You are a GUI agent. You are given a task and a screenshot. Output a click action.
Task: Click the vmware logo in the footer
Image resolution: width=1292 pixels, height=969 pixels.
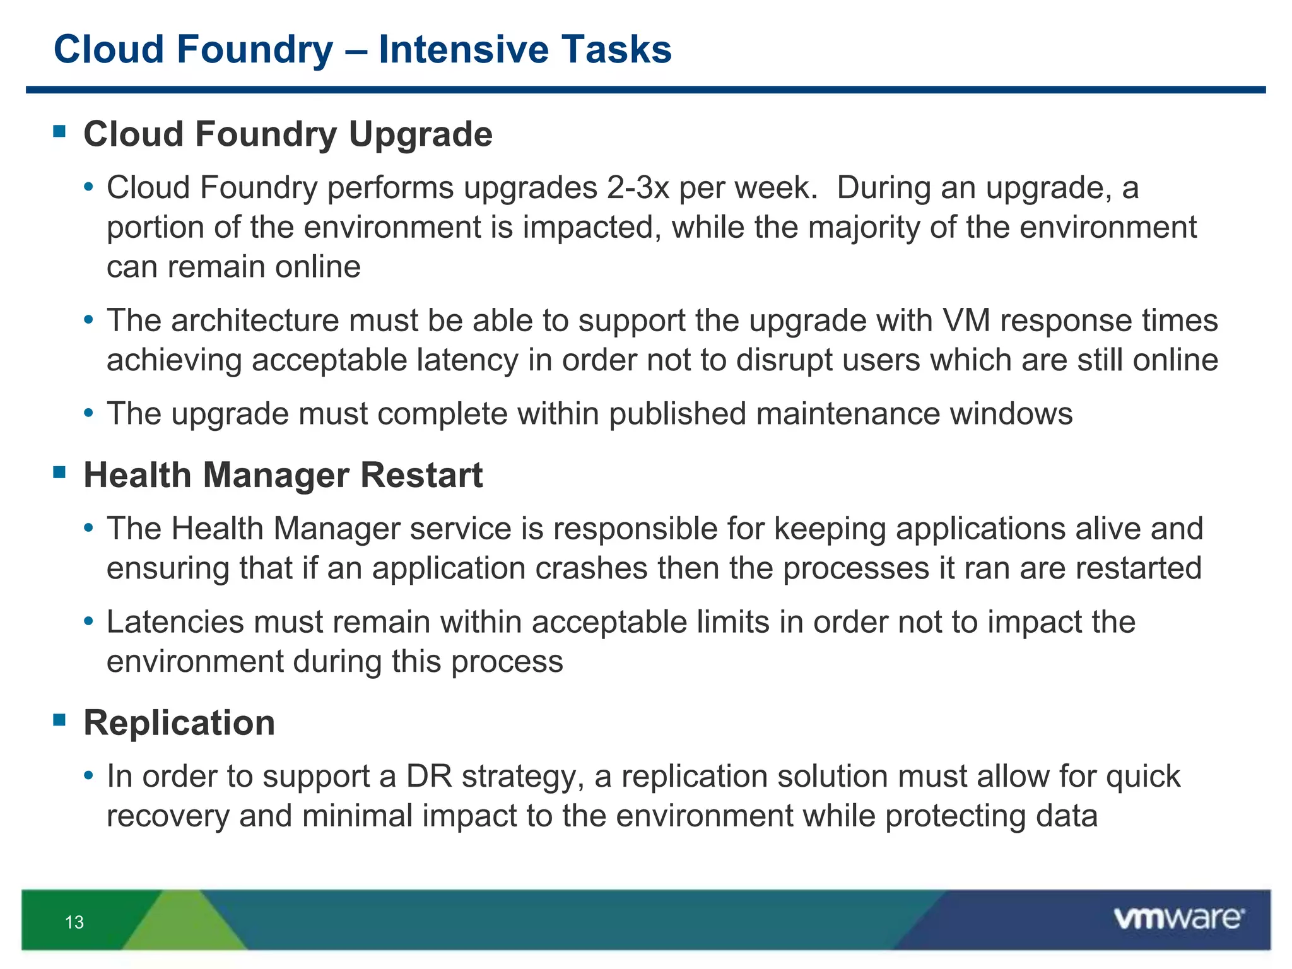[x=1178, y=919]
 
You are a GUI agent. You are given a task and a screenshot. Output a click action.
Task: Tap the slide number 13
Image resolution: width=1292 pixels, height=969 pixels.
[x=74, y=922]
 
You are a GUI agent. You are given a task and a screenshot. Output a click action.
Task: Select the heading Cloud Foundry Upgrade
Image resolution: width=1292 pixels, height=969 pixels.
[x=288, y=134]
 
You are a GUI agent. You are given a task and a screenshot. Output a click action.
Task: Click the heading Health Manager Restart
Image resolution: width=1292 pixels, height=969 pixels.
[x=283, y=475]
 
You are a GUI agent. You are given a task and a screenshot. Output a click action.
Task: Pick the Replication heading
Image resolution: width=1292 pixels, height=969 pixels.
[x=179, y=722]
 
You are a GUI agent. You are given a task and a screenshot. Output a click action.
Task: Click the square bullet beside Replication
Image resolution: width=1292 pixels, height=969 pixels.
[x=60, y=719]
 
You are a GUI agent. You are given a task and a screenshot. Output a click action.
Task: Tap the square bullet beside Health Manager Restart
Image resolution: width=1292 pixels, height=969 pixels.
[x=60, y=472]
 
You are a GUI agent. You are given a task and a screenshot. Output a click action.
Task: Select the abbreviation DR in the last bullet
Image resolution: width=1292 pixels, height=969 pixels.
[x=429, y=777]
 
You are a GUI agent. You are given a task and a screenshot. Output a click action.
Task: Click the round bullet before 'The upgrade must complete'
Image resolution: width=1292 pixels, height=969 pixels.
[x=89, y=414]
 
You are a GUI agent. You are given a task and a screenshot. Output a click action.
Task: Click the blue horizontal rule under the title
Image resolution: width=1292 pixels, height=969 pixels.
[x=646, y=90]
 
